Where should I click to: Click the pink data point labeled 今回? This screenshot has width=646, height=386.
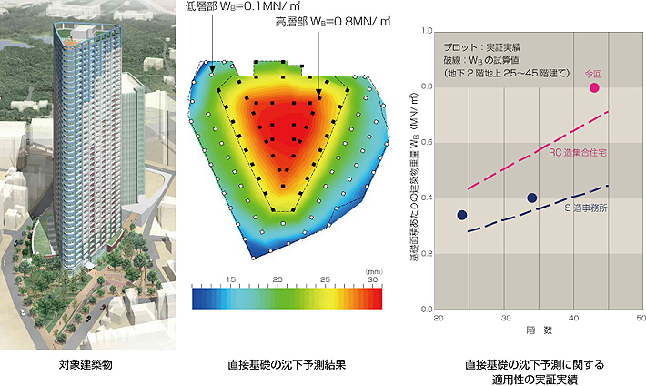(594, 87)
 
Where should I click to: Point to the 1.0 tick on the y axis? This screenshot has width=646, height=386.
(428, 31)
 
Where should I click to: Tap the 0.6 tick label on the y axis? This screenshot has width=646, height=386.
(428, 142)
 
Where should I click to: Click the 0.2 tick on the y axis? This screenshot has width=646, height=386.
(428, 254)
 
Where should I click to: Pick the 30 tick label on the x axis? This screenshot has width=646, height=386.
(505, 319)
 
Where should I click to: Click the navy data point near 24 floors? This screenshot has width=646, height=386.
(462, 215)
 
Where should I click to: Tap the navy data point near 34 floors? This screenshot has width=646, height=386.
(532, 198)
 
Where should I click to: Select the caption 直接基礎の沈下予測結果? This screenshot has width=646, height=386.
(287, 364)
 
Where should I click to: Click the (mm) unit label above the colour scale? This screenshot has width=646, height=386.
(371, 269)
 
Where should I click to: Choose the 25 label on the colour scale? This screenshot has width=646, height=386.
(326, 278)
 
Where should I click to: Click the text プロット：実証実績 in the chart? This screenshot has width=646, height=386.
(477, 45)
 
